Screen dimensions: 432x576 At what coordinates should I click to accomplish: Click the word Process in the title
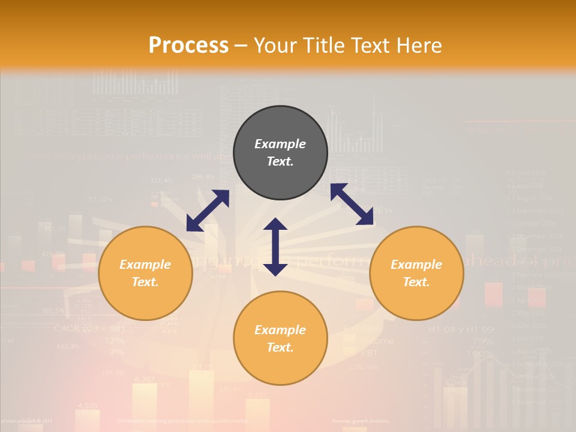click(188, 45)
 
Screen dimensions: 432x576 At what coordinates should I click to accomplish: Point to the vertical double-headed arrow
click(275, 247)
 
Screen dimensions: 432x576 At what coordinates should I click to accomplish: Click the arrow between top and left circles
click(208, 211)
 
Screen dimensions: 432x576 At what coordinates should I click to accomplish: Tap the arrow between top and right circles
click(352, 204)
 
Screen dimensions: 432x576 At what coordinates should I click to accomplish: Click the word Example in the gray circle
click(280, 144)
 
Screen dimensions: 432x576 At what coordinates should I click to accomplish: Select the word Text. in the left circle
click(145, 282)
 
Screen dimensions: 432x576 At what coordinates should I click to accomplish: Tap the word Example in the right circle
click(416, 265)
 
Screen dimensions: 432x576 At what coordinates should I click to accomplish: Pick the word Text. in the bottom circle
click(280, 347)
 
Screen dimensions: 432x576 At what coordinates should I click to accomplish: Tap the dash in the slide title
click(241, 46)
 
